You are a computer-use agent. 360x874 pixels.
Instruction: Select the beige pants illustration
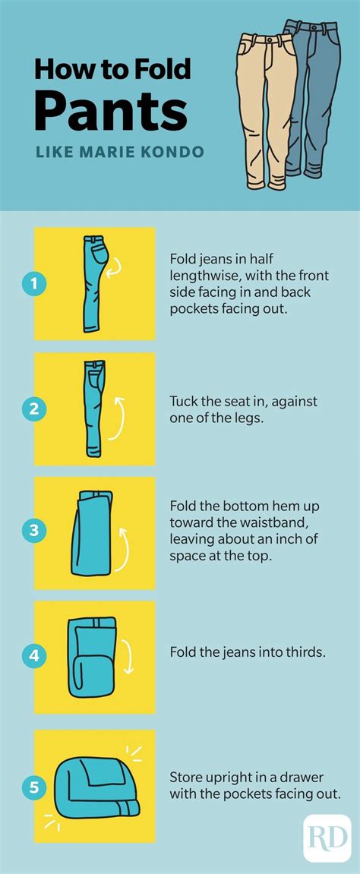[267, 110]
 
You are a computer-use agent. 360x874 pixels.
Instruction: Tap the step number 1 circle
[34, 284]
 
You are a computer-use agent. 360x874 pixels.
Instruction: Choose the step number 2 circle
[34, 409]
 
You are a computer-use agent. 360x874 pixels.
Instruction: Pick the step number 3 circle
[34, 530]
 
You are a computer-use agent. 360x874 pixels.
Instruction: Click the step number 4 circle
[34, 656]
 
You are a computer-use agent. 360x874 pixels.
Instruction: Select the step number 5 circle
[34, 787]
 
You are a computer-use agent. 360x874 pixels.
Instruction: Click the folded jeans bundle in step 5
[93, 787]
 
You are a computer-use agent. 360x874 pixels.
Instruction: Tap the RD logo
[327, 838]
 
